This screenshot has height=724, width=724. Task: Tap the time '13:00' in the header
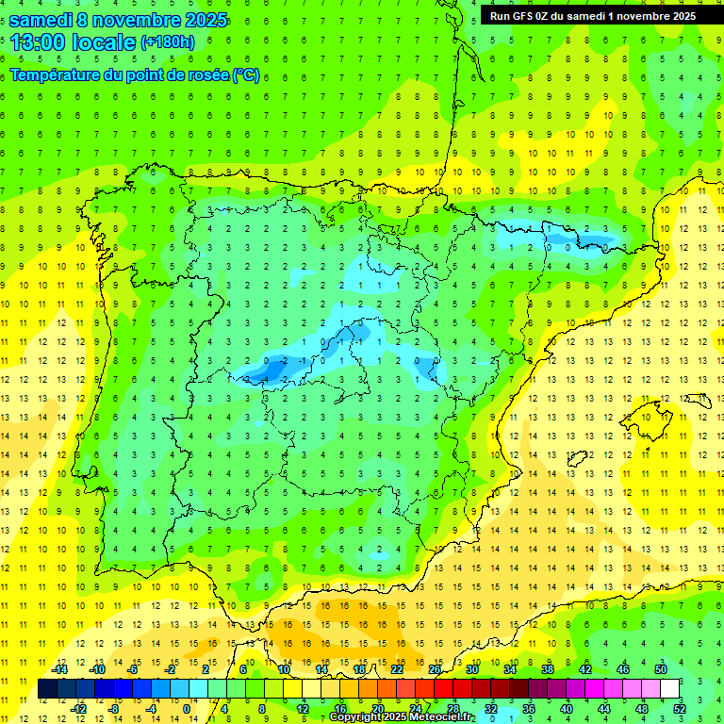click(x=37, y=41)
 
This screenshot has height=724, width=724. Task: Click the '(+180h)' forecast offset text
click(x=168, y=41)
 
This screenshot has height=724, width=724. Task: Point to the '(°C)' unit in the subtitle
click(x=245, y=74)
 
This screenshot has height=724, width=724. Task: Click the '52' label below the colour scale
click(x=679, y=708)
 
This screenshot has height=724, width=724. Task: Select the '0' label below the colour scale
click(x=188, y=708)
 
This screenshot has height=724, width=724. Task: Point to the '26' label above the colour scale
click(x=435, y=669)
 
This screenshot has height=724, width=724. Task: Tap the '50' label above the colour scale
click(x=660, y=669)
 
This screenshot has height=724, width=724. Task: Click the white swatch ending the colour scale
click(x=669, y=689)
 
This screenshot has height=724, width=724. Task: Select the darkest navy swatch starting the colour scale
click(x=47, y=689)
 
